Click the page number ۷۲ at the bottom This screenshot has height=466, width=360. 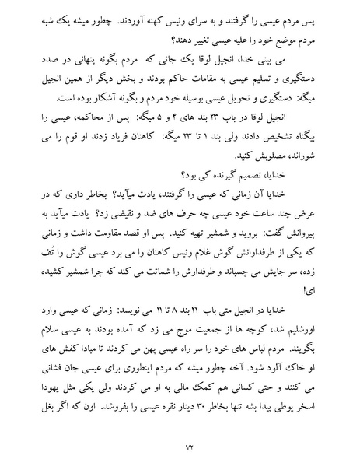(x=180, y=446)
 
